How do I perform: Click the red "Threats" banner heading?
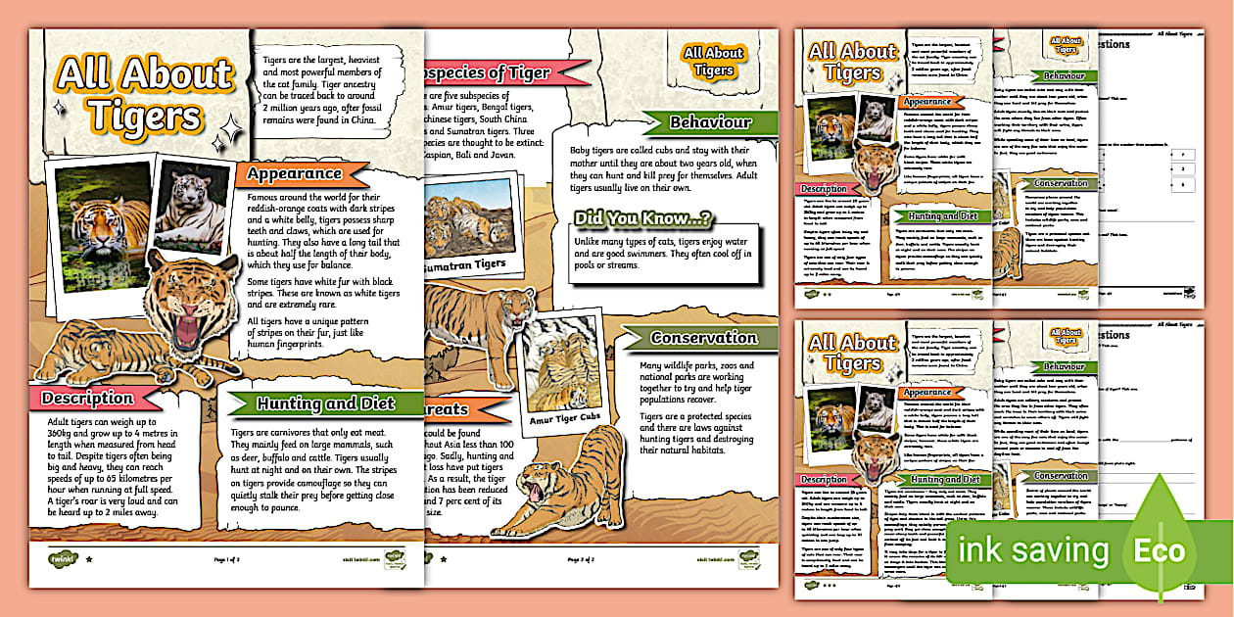(x=446, y=408)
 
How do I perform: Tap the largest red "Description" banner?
(x=88, y=399)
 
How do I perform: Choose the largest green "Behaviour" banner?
(x=710, y=122)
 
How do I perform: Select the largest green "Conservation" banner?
(x=703, y=338)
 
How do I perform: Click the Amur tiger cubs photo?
(x=565, y=368)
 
